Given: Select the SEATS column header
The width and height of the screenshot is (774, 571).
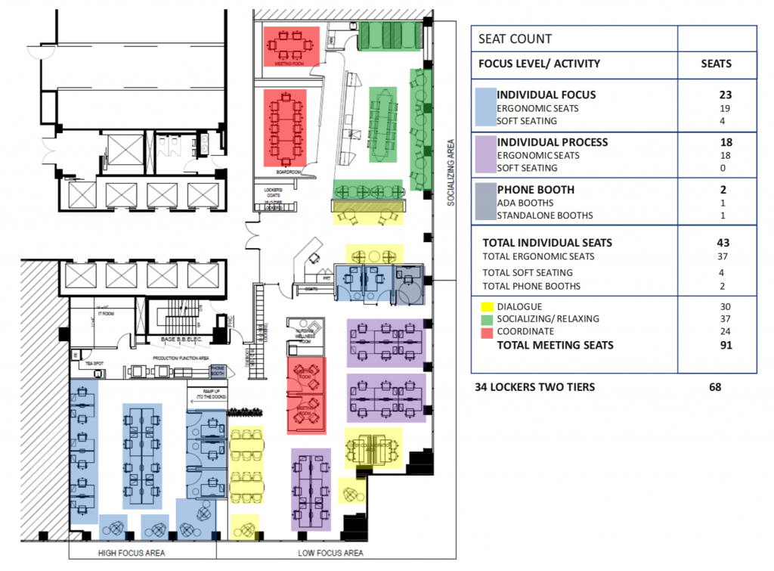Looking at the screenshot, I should pos(716,64).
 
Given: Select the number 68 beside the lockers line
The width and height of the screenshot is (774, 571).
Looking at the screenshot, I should pos(714,387).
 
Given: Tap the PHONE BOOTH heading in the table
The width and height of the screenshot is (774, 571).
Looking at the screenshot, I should pos(535,190).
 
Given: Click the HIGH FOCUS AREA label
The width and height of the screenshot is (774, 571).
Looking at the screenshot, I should pos(132,553).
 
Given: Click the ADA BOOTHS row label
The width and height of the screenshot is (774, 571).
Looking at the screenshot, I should pos(525,203).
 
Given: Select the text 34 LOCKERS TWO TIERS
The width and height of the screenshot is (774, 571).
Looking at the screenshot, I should pos(534,387).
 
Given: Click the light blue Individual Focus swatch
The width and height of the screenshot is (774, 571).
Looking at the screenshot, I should pos(485,106).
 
